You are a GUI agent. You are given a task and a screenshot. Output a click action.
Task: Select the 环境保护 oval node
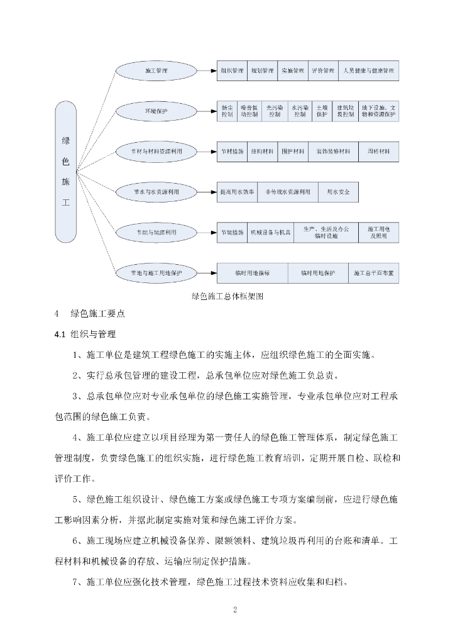pos(156,111)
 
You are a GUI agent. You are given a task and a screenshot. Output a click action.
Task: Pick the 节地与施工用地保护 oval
pos(156,273)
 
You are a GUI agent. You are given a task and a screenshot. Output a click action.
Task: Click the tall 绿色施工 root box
pos(65,171)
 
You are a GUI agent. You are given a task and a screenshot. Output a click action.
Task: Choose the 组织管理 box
pos(231,70)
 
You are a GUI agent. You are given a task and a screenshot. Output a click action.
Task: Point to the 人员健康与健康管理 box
pos(368,70)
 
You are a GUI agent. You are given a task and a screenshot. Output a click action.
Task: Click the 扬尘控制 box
pos(227,111)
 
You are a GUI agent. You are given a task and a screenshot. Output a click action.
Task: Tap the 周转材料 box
pos(379,152)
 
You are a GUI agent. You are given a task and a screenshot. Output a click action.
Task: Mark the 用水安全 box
pos(339,192)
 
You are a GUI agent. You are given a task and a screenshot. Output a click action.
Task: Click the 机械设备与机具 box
pos(270,232)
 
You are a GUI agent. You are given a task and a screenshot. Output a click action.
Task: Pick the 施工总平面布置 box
pos(374,273)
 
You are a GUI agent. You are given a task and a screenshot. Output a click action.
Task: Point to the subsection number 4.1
pos(60,334)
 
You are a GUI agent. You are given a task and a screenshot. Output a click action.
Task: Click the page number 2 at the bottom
pos(234,610)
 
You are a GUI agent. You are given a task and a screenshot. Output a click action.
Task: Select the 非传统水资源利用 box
pos(288,192)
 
